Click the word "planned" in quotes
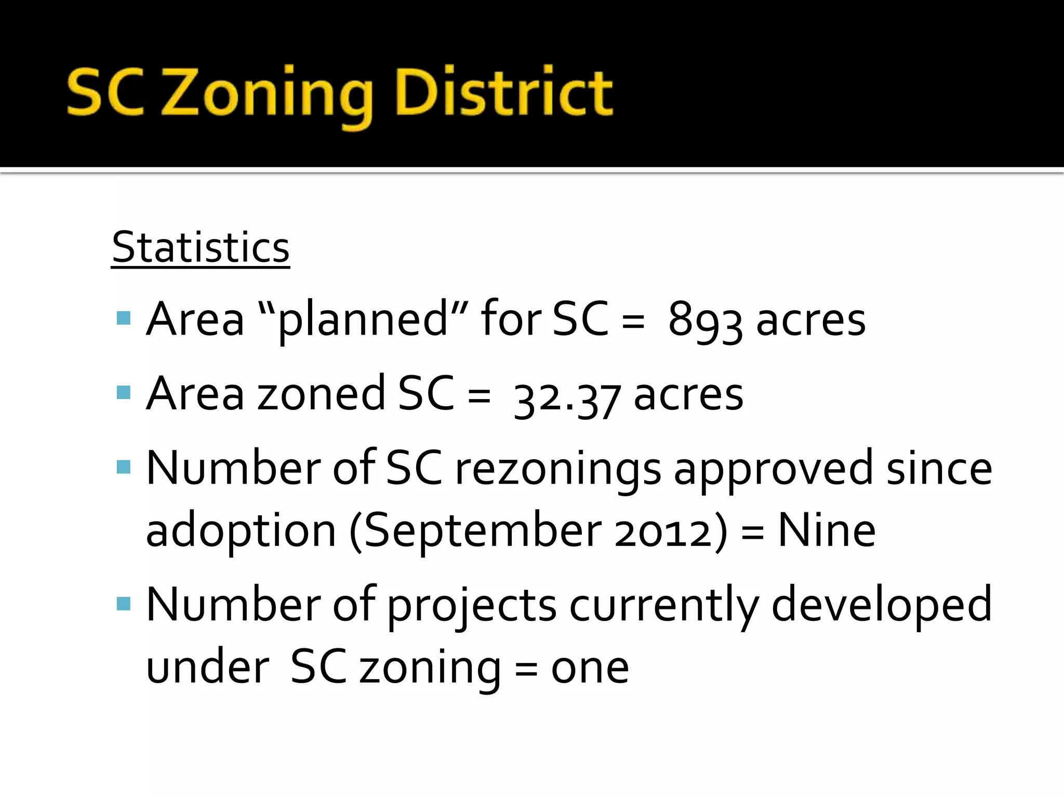(x=362, y=320)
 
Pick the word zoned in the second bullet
(x=321, y=394)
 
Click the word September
(x=483, y=531)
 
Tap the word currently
(x=664, y=606)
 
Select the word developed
(x=882, y=605)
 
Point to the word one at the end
(x=590, y=668)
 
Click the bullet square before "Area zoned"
(x=124, y=392)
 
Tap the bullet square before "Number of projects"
(x=124, y=603)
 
